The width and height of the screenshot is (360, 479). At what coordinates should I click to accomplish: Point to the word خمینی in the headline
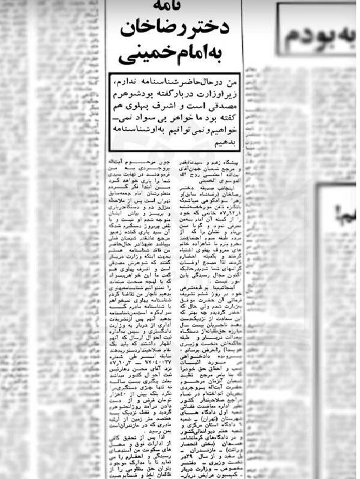[x=143, y=55]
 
